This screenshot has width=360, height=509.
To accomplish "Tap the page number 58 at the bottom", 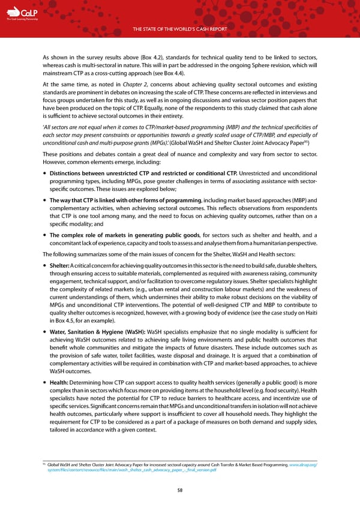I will click(x=180, y=489).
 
